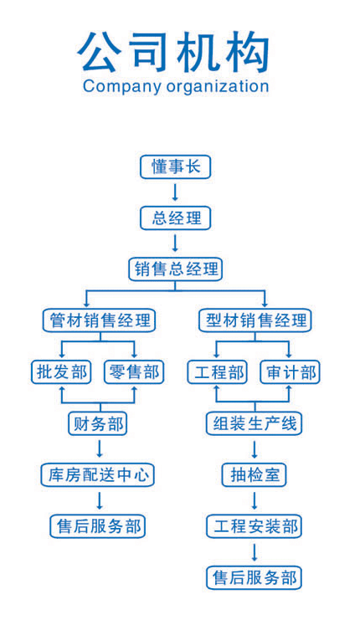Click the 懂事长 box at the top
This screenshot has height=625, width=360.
tap(175, 166)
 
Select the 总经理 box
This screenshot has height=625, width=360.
tap(175, 218)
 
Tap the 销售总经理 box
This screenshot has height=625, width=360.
tap(175, 269)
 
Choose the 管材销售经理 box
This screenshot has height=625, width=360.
tap(99, 320)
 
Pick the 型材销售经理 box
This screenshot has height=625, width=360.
tap(255, 320)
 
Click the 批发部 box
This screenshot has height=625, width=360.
tap(61, 372)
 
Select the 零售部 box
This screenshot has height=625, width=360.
tap(134, 372)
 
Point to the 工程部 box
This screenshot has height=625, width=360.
tap(218, 372)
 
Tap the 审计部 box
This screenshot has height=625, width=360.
tap(290, 372)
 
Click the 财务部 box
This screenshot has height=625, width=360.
tap(98, 423)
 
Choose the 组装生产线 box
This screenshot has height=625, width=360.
tap(254, 423)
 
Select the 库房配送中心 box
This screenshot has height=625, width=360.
tap(98, 474)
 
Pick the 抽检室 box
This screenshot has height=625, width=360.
tap(254, 474)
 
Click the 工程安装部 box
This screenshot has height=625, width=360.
tap(254, 526)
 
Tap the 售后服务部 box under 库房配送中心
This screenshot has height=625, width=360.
tap(98, 526)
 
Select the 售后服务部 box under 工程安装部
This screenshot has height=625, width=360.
tap(254, 577)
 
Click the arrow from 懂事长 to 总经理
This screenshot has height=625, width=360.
tap(175, 192)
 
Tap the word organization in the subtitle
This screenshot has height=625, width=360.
tap(218, 87)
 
